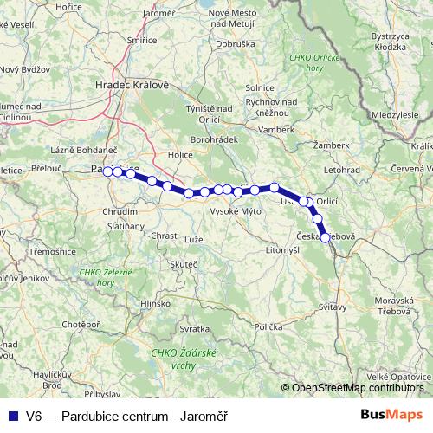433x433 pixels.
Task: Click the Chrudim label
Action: tap(120, 211)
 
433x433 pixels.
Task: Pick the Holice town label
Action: tap(180, 156)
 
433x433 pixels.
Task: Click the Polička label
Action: tap(268, 326)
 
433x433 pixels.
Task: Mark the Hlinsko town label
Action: tap(155, 303)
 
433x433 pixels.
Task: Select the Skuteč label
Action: tap(184, 262)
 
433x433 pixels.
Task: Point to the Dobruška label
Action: tap(234, 42)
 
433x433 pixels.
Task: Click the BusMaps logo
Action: tap(392, 415)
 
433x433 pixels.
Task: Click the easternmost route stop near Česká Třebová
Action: tap(326, 237)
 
